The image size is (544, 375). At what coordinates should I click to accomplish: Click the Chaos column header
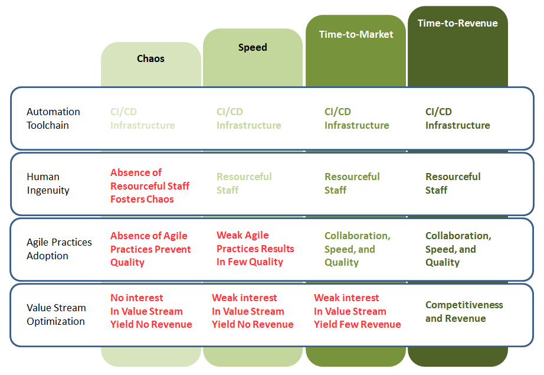(150, 58)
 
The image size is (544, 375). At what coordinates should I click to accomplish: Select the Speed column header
(253, 47)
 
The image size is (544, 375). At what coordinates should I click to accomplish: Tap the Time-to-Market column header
(356, 34)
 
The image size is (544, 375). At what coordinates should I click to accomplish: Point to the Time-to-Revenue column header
(458, 23)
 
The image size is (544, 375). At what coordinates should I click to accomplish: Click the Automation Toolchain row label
(54, 118)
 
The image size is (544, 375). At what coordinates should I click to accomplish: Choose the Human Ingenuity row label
(48, 183)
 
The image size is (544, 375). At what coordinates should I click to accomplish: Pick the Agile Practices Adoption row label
(60, 249)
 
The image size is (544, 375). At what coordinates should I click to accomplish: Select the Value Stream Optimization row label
(56, 314)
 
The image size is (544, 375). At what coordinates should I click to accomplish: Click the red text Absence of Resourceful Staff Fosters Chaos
(150, 186)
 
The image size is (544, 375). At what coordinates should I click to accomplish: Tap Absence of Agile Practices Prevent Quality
(150, 249)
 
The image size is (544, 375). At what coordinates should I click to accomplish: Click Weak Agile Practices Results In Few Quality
(255, 248)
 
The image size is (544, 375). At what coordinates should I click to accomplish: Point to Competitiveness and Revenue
(464, 311)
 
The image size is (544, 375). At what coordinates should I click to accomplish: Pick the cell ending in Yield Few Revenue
(358, 311)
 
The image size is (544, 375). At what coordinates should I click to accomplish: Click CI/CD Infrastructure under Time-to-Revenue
(458, 118)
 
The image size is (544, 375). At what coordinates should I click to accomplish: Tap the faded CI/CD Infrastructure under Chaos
(143, 118)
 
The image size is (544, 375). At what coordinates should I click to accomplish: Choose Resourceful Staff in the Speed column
(244, 183)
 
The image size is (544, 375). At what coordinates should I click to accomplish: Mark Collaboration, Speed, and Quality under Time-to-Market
(358, 249)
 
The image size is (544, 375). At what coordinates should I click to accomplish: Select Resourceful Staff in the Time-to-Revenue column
(453, 183)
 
